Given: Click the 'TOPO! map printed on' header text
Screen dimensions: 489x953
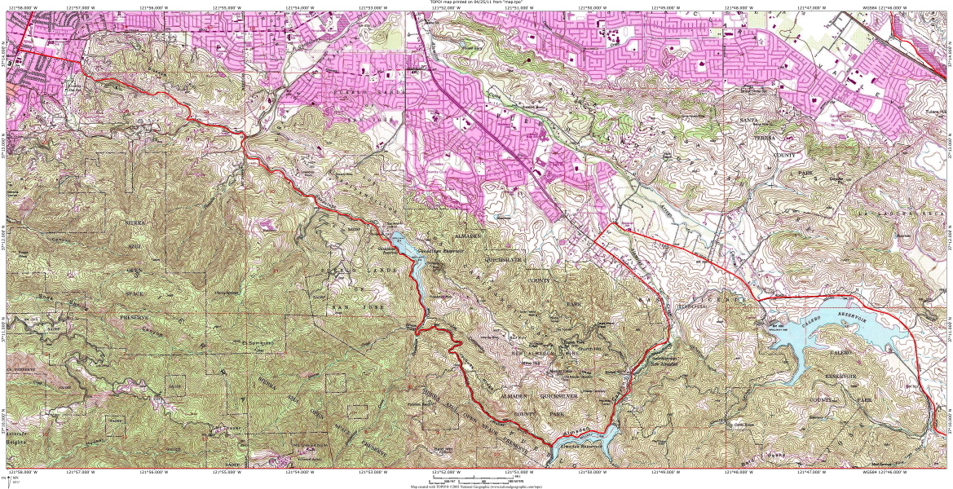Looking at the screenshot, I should pos(476,2).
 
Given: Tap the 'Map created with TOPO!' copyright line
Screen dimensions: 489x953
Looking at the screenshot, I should pos(476,486).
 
